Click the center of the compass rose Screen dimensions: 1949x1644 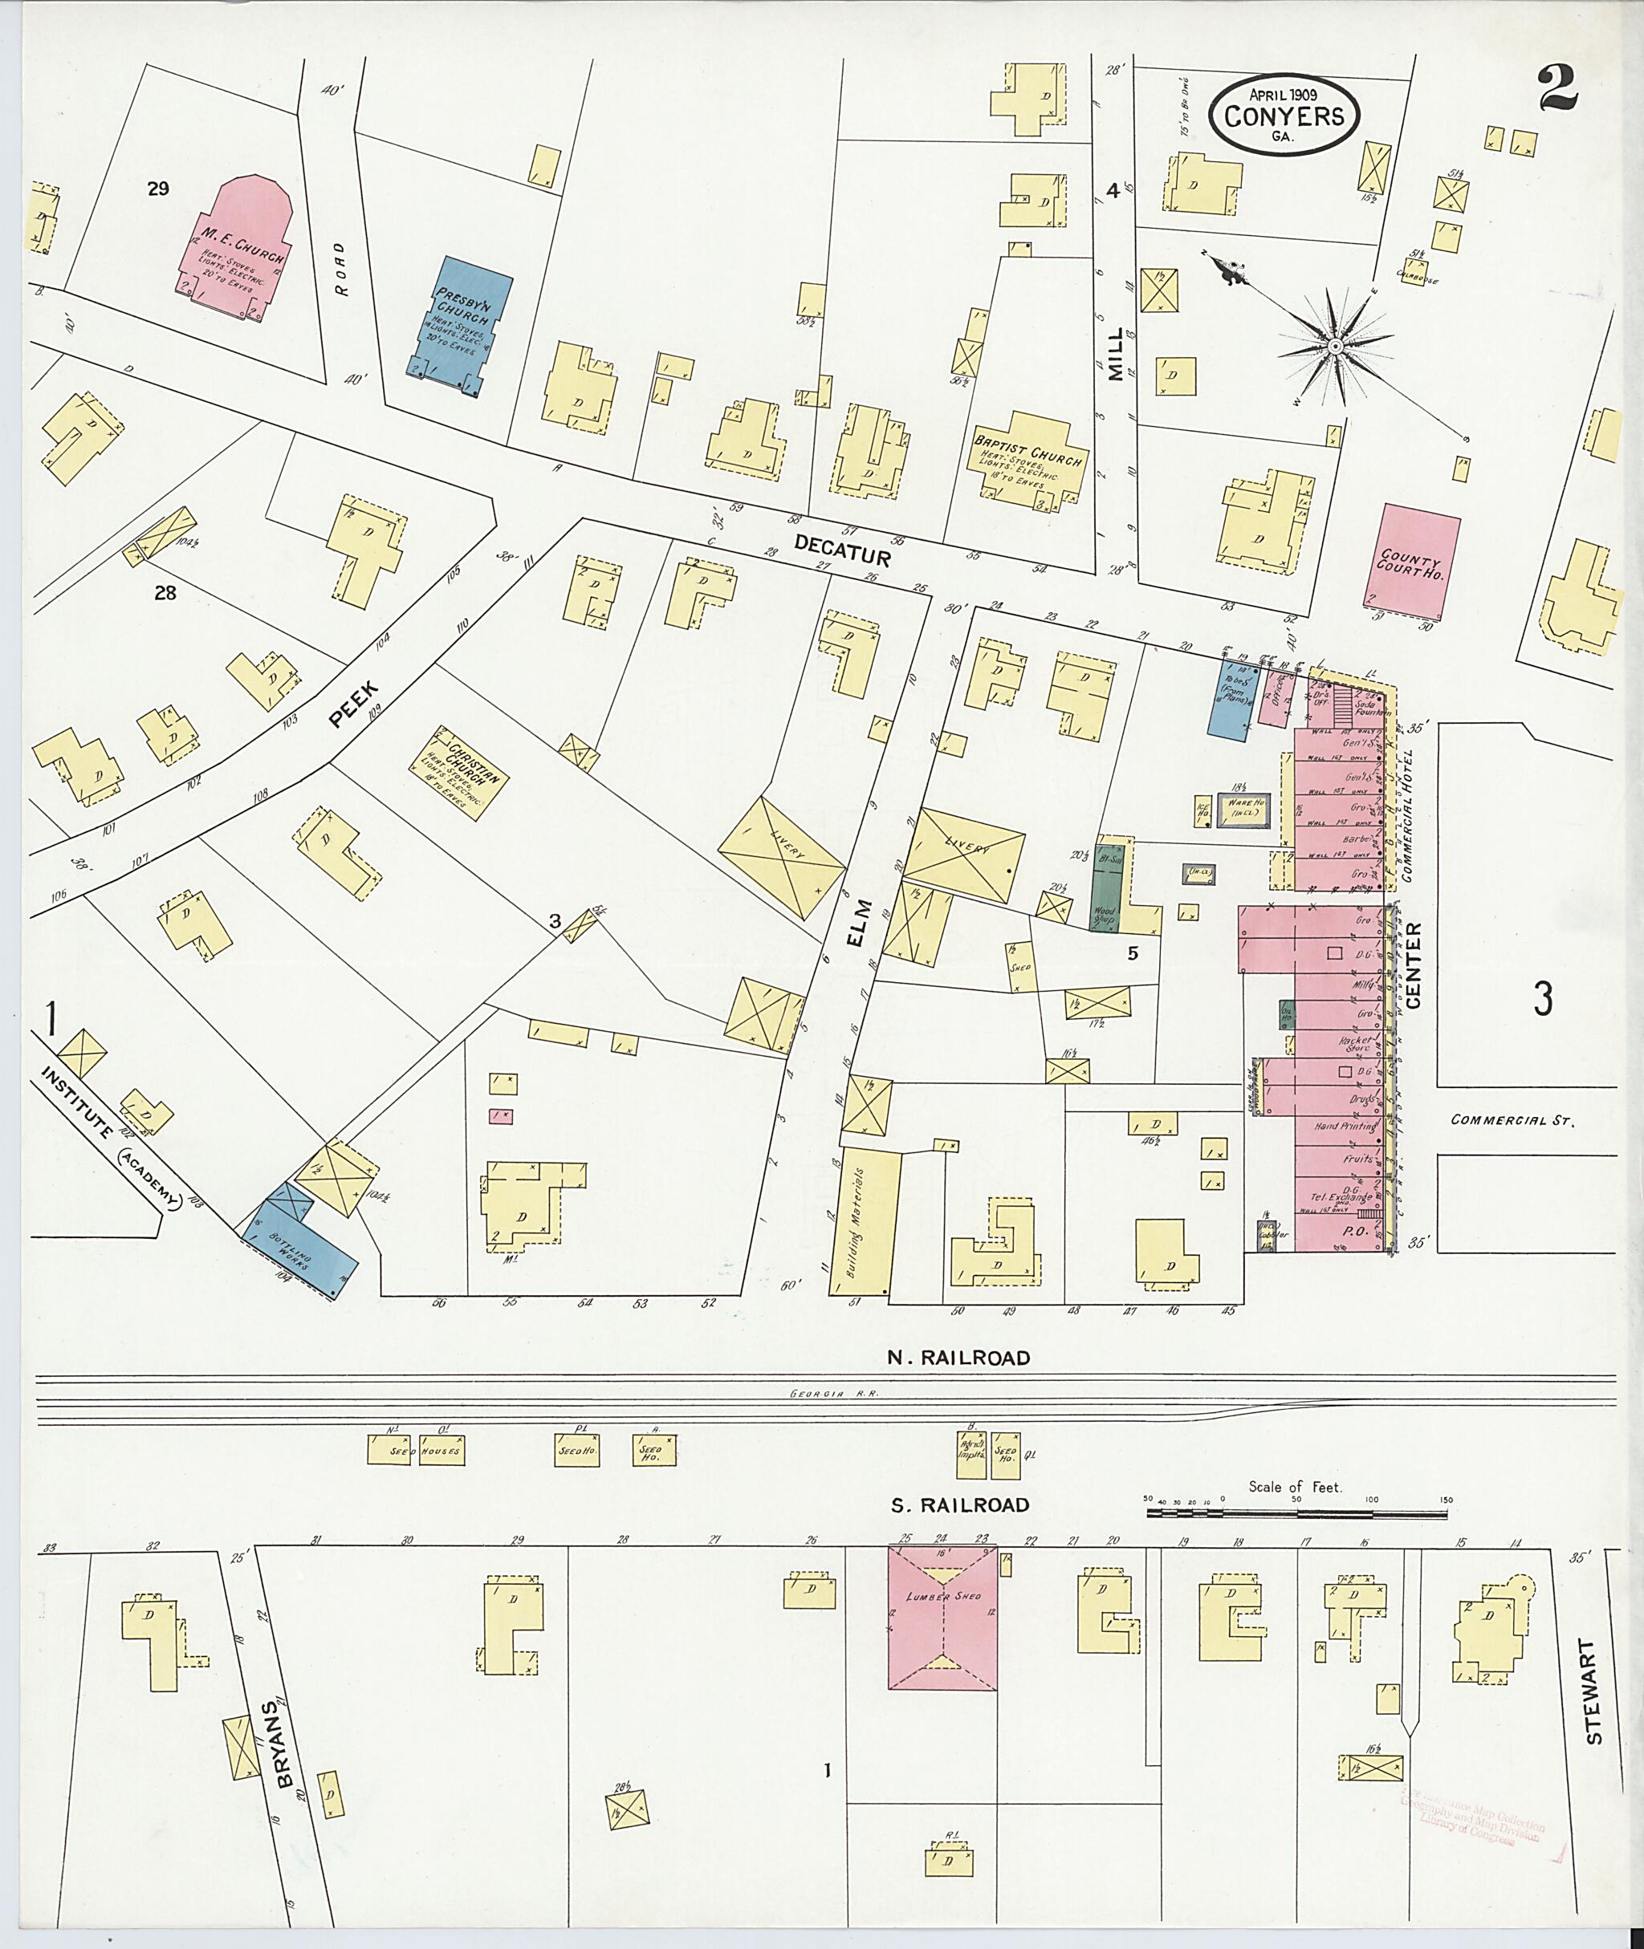pos(1336,347)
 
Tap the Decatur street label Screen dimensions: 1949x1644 pos(843,550)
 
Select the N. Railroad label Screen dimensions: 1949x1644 pos(958,1358)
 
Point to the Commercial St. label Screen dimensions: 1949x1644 pos(1511,1121)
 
